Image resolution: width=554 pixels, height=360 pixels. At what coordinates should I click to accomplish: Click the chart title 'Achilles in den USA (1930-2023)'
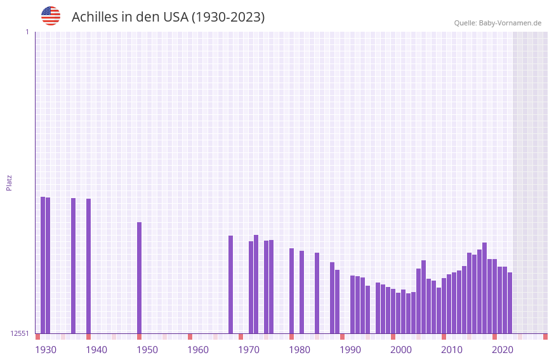(168, 17)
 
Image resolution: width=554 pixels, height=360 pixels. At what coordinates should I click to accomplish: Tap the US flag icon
(51, 16)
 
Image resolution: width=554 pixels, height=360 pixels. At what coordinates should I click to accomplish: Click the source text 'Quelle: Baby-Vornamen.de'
(498, 23)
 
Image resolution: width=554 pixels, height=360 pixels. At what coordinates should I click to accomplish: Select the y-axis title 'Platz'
(9, 182)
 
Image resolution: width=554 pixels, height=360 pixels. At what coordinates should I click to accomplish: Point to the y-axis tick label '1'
(27, 32)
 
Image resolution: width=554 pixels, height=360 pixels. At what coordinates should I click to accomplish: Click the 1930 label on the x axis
(46, 350)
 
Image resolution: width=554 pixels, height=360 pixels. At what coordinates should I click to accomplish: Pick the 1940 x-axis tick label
(96, 350)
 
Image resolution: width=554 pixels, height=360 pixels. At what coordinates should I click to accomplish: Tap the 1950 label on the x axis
(147, 350)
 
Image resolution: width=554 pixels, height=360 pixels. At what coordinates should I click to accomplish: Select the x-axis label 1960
(198, 350)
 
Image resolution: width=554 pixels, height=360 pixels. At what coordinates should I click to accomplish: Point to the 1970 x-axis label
(249, 350)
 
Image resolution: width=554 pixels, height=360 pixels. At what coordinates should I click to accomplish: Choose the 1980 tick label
(300, 350)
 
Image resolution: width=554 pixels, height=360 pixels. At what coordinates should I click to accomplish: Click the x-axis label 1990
(350, 350)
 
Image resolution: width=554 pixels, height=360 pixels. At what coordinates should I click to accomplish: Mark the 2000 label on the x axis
(401, 350)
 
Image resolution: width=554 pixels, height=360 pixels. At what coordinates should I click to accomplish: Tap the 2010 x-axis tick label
(452, 350)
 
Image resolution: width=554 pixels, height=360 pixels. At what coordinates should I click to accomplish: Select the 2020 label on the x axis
(503, 350)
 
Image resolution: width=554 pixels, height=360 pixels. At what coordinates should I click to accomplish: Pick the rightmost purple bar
(510, 303)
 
